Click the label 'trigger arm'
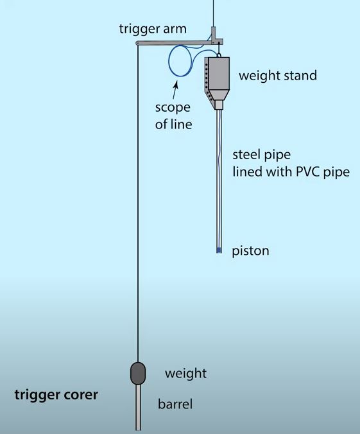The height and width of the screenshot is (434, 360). click(153, 29)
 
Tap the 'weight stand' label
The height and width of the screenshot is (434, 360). click(278, 76)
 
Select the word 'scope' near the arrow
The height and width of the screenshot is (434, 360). click(173, 108)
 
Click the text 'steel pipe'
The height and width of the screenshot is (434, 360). click(261, 155)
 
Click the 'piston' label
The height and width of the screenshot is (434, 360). click(250, 251)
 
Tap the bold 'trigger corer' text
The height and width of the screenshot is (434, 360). click(56, 395)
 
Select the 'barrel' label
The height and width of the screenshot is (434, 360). click(175, 404)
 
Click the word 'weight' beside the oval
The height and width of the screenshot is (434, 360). click(185, 374)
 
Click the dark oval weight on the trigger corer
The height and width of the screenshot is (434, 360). click(138, 373)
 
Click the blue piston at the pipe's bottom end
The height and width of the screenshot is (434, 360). click(219, 250)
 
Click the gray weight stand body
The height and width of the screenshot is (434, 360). click(217, 80)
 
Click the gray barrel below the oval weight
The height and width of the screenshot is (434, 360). click(138, 407)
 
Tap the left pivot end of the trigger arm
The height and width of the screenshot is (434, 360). click(137, 43)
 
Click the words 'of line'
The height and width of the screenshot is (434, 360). click(173, 125)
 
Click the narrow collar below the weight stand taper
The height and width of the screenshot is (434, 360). click(219, 105)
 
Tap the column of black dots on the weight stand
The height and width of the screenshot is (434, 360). click(208, 80)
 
